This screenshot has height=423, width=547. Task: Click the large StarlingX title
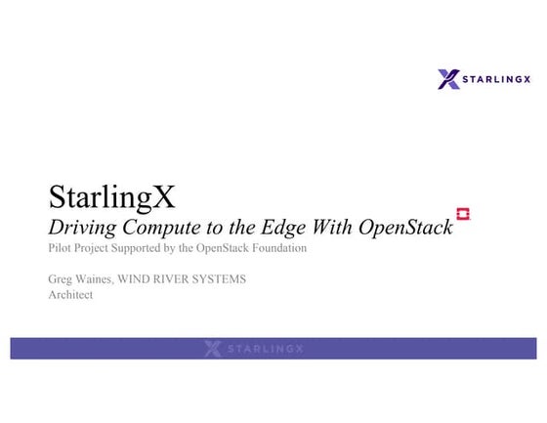(x=112, y=198)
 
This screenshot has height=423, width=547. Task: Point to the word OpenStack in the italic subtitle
(x=405, y=228)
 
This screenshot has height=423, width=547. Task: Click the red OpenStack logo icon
(x=463, y=214)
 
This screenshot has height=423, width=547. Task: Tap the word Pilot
(x=60, y=248)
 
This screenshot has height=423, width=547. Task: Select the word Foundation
(x=278, y=248)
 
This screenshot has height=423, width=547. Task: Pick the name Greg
(x=60, y=279)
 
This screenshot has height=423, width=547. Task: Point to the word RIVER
(x=178, y=279)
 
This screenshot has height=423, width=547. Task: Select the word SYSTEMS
(x=223, y=279)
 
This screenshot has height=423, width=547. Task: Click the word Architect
(x=70, y=295)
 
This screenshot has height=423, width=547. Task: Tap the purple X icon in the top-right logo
(x=448, y=79)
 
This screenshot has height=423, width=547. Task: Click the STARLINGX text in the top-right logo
(x=498, y=79)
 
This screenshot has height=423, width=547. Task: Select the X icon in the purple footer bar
(x=213, y=349)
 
